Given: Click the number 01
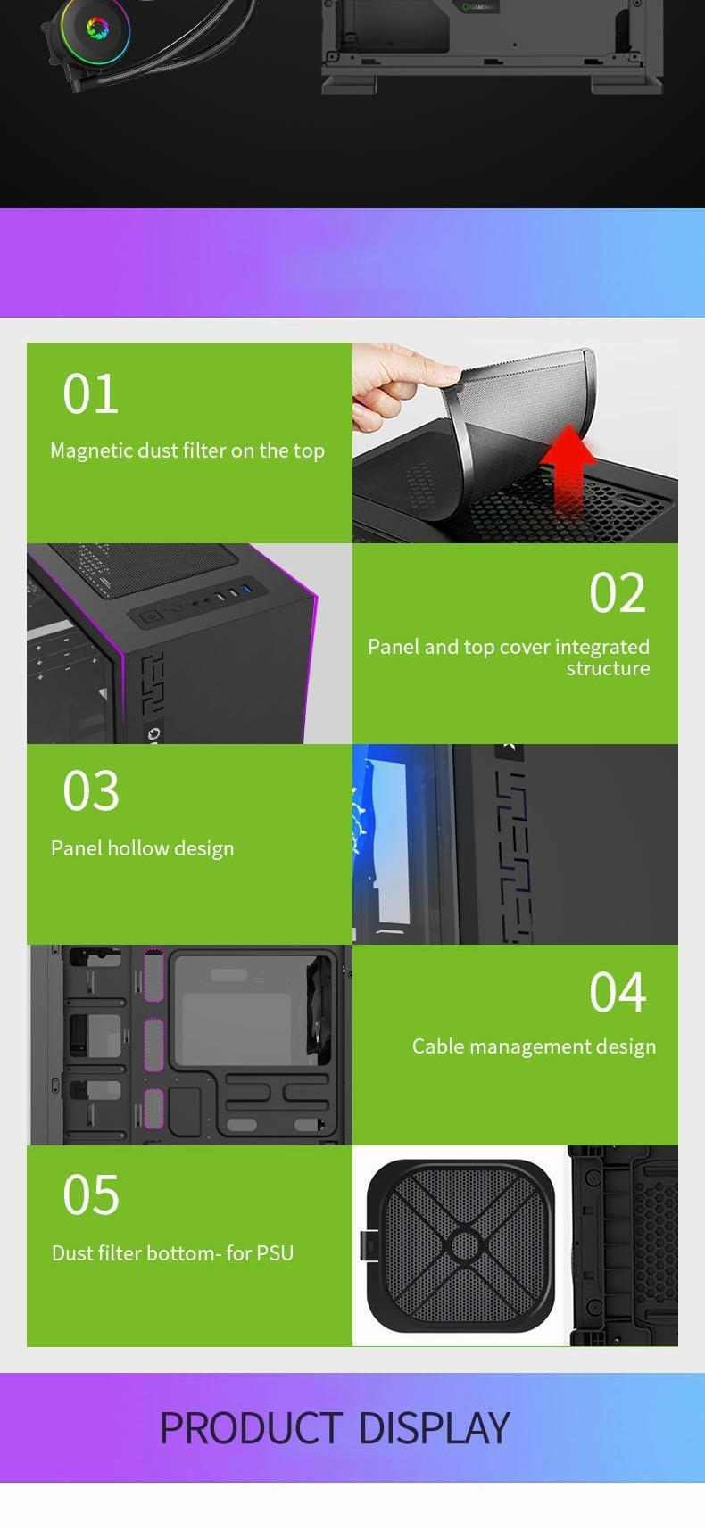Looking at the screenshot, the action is (91, 394).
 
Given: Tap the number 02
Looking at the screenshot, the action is (618, 592).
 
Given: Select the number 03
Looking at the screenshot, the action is (91, 791).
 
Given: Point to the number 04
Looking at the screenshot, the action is (618, 993).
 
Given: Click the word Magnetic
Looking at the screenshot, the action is (92, 451).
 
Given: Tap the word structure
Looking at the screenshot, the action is (608, 668).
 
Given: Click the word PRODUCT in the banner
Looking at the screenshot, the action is (251, 1428).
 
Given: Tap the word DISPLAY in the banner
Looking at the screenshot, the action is (435, 1428).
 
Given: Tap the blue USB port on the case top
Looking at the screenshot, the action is (246, 589).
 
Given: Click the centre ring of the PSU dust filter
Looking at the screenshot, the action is (465, 1245).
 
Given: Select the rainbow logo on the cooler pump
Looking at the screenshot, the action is (97, 28).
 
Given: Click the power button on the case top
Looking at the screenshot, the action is (151, 616).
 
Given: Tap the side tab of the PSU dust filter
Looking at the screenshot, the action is (368, 1245).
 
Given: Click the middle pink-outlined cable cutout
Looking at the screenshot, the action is (154, 1045).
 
